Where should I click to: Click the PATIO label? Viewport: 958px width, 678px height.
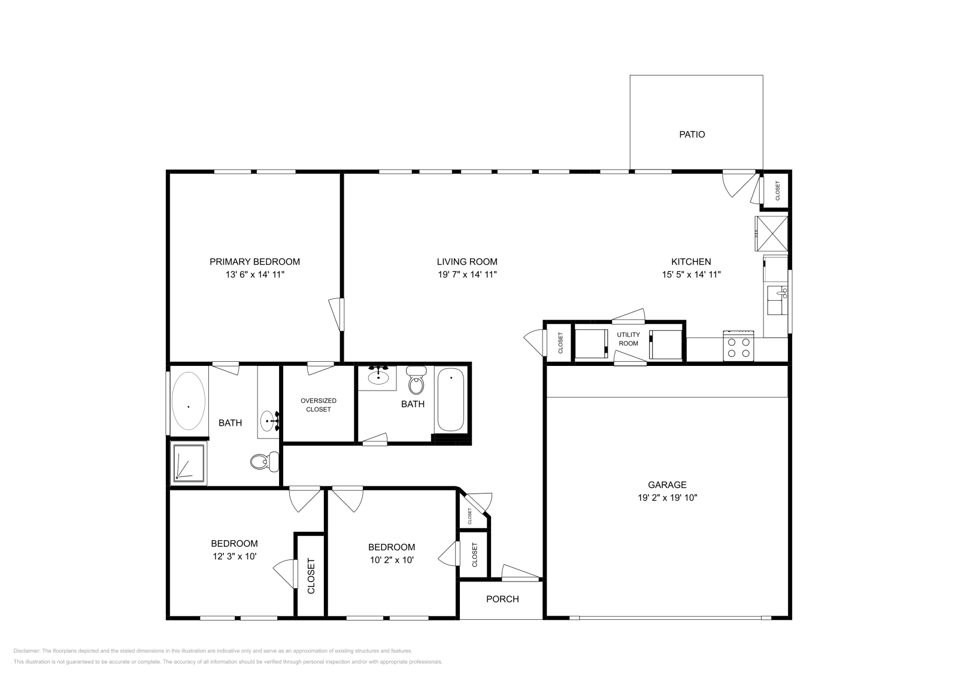(x=692, y=135)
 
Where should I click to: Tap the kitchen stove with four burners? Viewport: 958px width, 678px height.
(x=738, y=347)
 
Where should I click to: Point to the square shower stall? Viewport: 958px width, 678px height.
(x=189, y=463)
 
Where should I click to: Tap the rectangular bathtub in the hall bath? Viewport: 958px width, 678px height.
(x=451, y=400)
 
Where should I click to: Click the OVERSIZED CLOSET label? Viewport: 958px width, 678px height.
(x=318, y=405)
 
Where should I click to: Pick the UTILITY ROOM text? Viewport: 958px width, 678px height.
(x=628, y=339)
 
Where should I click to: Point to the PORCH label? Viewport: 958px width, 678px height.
(x=502, y=599)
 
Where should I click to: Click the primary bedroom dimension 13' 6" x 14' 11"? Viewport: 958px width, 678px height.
(x=254, y=275)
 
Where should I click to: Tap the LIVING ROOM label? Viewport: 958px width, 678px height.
(x=466, y=262)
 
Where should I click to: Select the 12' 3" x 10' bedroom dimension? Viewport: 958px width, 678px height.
(x=234, y=556)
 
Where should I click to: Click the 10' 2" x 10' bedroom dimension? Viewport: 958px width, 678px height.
(x=391, y=560)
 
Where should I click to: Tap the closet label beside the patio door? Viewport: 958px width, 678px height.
(x=778, y=190)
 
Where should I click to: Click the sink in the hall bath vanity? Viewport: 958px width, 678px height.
(x=378, y=377)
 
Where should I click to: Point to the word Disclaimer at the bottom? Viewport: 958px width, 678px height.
(x=26, y=650)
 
